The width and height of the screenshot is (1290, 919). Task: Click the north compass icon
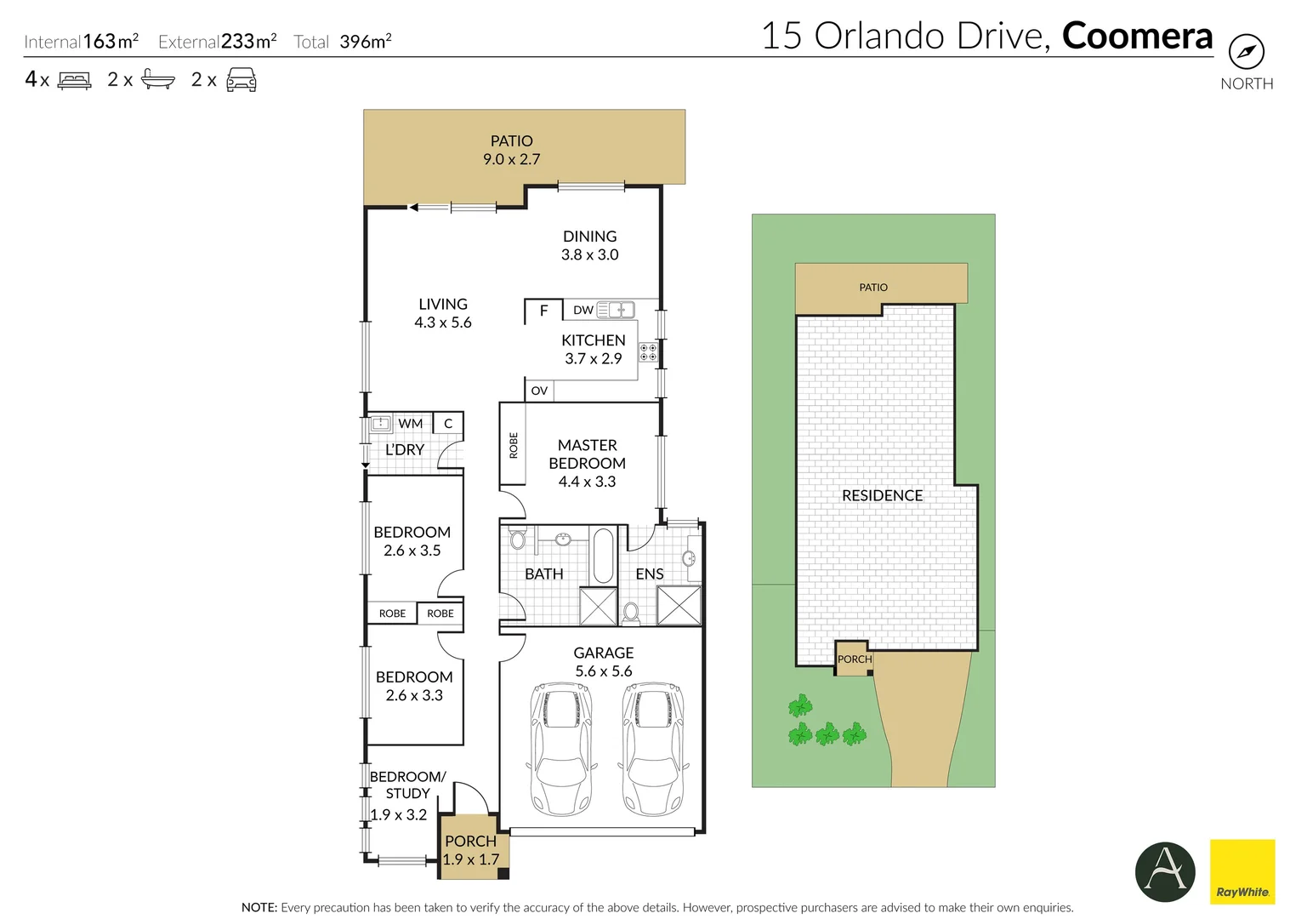[1246, 52]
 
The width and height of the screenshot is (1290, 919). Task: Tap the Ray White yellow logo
[1242, 871]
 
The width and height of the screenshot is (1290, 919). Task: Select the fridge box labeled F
[543, 311]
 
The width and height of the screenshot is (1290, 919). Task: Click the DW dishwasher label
[583, 310]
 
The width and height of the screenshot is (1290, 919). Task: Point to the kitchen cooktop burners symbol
[648, 352]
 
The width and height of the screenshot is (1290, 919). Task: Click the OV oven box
[539, 391]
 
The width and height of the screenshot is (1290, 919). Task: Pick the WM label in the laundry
[411, 423]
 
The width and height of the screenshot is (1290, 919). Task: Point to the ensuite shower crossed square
[679, 605]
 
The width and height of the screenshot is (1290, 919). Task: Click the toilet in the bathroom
[518, 539]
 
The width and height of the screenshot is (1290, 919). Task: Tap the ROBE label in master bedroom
[513, 445]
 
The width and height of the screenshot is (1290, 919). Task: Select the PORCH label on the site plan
[854, 659]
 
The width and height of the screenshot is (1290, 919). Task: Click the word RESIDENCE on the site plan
[882, 495]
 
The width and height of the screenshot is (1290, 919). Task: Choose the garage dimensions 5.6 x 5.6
[604, 671]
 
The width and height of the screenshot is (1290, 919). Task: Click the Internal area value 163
[99, 41]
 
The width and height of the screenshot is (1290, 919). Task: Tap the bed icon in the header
[74, 81]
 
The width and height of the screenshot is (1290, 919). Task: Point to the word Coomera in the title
[1137, 36]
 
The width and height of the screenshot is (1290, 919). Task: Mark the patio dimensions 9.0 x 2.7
[512, 159]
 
